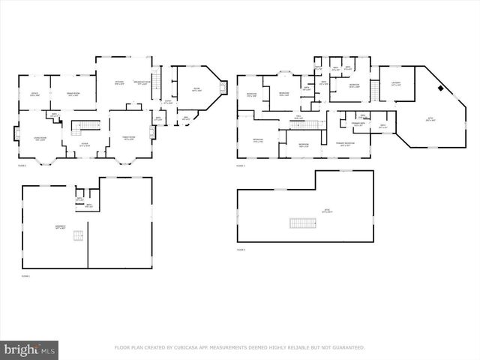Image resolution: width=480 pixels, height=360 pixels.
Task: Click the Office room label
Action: tap(34, 94)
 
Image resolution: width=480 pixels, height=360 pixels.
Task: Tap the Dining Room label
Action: tap(73, 94)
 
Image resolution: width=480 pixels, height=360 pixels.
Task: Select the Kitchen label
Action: tap(119, 82)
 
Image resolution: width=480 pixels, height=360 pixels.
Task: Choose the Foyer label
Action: tap(85, 145)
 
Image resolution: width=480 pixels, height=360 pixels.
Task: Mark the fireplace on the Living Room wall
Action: tap(16, 134)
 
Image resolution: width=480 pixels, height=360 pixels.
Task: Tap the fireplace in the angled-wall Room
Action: tap(222, 88)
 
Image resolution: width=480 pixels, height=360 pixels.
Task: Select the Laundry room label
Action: tap(396, 83)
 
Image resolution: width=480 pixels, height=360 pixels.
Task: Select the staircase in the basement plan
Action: tap(77, 236)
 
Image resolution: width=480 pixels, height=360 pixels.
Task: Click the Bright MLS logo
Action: tap(30, 349)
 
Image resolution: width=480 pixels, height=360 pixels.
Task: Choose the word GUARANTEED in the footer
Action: tap(346, 348)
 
